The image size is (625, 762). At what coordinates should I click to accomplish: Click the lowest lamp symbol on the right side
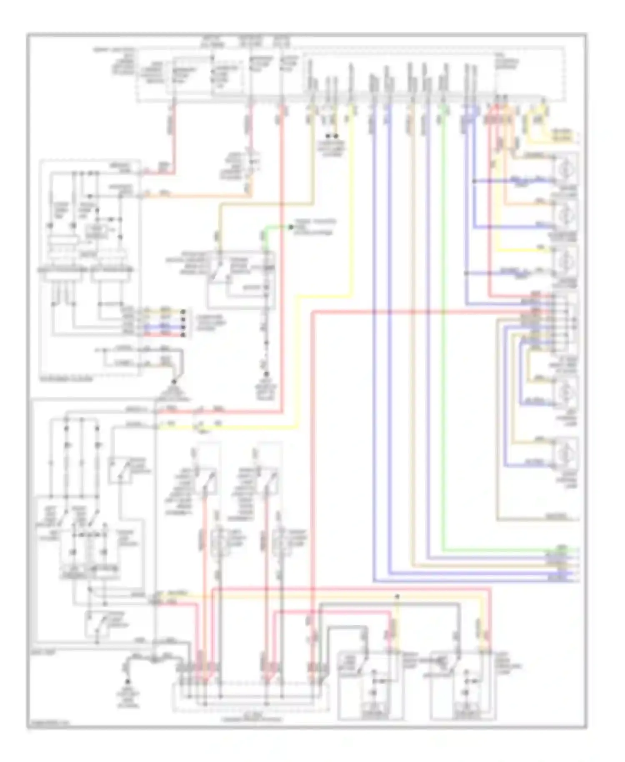(x=565, y=451)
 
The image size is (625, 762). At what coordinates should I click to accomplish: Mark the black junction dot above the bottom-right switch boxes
(x=397, y=597)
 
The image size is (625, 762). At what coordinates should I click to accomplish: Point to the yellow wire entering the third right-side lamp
(x=525, y=250)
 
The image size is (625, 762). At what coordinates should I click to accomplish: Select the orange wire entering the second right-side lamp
(x=529, y=203)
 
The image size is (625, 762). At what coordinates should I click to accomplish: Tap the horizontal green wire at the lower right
(x=508, y=550)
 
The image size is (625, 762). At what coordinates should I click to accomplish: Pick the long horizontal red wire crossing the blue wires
(x=417, y=312)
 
